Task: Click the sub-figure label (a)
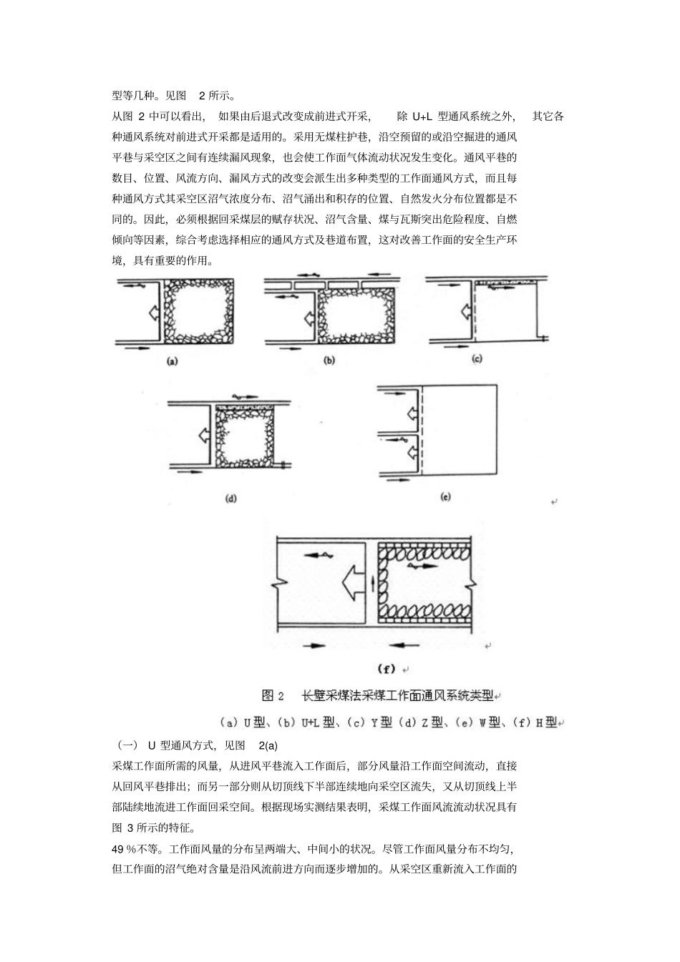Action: [x=172, y=361]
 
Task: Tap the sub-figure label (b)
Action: [x=329, y=360]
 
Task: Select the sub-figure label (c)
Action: [x=477, y=360]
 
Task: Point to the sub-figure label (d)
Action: [x=230, y=499]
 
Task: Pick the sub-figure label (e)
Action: [x=445, y=496]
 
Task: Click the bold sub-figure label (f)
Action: [x=387, y=669]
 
